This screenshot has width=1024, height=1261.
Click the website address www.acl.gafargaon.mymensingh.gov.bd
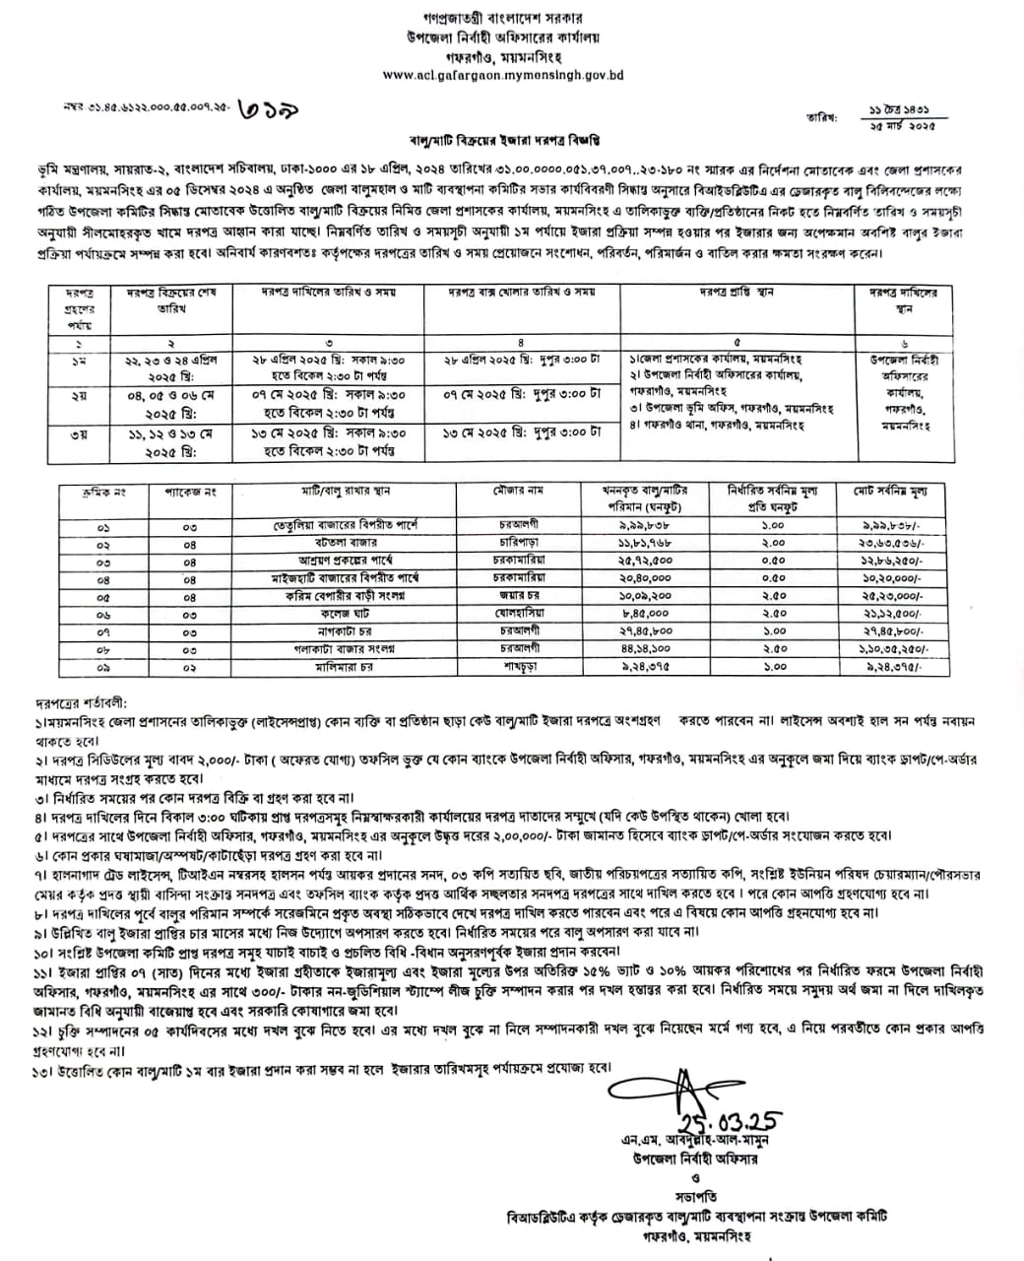502,75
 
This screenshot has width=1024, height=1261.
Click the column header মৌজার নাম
520,491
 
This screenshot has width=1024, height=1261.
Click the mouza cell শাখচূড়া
519,667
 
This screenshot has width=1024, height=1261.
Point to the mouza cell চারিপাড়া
519,544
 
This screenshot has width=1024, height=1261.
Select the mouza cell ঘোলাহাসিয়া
519,614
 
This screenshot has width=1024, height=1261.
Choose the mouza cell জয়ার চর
519,596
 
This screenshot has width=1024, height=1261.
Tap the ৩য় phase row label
77,433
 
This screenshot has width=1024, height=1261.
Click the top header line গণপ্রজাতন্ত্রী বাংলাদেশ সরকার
503,18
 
